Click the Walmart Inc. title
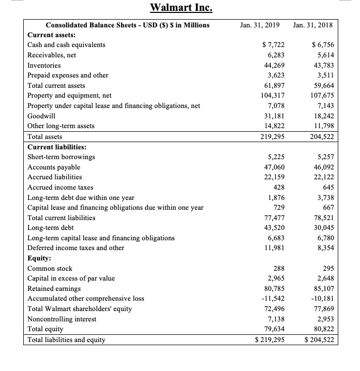pyautogui.click(x=181, y=8)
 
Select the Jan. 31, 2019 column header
pyautogui.click(x=260, y=25)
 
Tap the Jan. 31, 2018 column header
pyautogui.click(x=312, y=25)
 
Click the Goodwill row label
pyautogui.click(x=41, y=116)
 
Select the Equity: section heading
pyautogui.click(x=39, y=258)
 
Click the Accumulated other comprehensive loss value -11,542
pyautogui.click(x=272, y=299)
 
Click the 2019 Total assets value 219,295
pyautogui.click(x=271, y=137)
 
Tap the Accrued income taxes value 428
pyautogui.click(x=278, y=187)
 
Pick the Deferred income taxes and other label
pyautogui.click(x=76, y=248)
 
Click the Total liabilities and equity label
pyautogui.click(x=66, y=339)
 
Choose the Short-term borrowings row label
pyautogui.click(x=61, y=157)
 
